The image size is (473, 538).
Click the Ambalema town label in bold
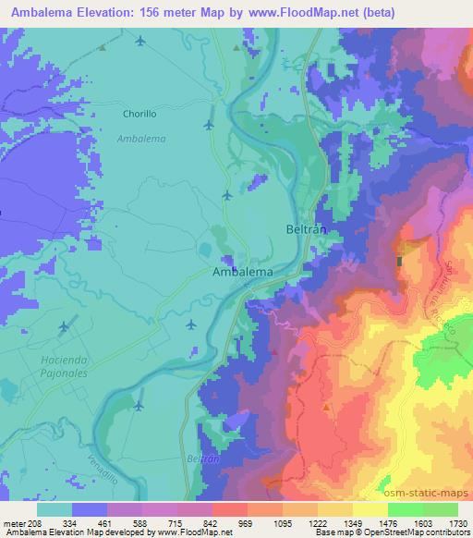pos(242,273)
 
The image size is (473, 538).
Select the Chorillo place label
pos(143,115)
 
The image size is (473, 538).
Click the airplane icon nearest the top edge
pos(140,41)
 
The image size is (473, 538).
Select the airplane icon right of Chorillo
pos(209,124)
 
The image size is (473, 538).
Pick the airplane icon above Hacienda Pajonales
pos(64,326)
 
